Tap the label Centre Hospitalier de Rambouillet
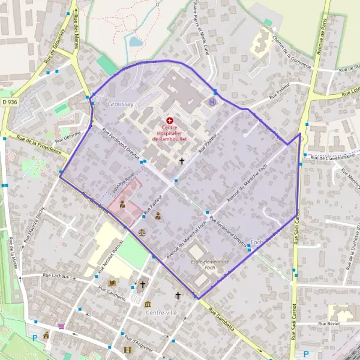[x=170, y=133]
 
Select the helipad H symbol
[x=211, y=102]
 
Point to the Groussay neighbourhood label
[x=120, y=104]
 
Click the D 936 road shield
[x=10, y=103]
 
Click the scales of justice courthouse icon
[x=142, y=230]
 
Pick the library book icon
[x=112, y=283]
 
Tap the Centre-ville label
[x=161, y=313]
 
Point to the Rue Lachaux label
[x=57, y=276]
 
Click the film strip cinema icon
[x=127, y=350]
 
